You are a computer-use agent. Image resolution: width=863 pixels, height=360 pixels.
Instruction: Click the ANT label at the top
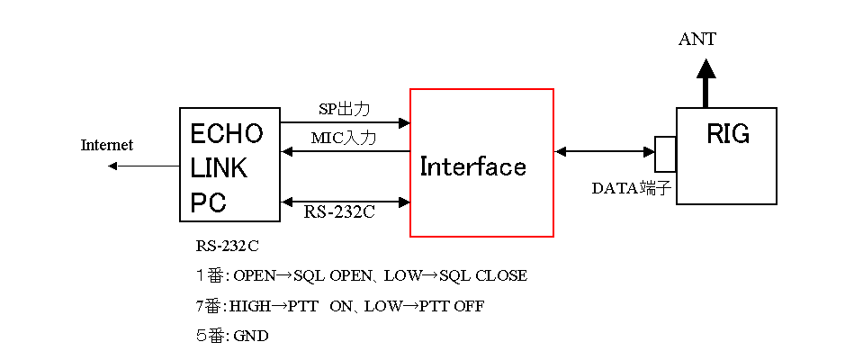[x=697, y=39]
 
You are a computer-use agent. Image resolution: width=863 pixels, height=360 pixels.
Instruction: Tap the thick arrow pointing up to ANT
[x=706, y=85]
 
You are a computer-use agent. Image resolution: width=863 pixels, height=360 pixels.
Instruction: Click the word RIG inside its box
[x=727, y=135]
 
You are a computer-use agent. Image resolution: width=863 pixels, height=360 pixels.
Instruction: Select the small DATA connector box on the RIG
[x=665, y=154]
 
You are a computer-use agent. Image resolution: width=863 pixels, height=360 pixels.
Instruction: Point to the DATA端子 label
[x=631, y=188]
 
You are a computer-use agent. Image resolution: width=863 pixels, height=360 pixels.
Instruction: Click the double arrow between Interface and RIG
[x=605, y=152]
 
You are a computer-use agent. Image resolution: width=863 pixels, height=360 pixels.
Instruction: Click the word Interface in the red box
[x=472, y=166]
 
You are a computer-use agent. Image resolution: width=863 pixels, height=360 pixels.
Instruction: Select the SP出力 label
[x=345, y=109]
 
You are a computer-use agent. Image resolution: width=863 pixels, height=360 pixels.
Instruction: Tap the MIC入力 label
[x=344, y=139]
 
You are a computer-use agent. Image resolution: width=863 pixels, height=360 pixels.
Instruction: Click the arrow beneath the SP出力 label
[x=346, y=122]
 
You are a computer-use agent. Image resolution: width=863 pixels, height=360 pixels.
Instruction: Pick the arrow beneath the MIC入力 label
[x=346, y=152]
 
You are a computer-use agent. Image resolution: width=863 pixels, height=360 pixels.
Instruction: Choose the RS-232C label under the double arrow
[x=339, y=213]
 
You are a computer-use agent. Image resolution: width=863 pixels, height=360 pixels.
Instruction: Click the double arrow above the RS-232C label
[x=346, y=201]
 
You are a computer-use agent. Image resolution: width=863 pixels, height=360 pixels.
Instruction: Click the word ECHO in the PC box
[x=227, y=134]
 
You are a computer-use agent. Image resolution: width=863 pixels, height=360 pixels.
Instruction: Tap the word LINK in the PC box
[x=219, y=168]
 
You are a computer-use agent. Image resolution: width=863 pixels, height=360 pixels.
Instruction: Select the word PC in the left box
[x=208, y=202]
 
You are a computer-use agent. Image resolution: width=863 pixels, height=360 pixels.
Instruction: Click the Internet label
[x=107, y=145]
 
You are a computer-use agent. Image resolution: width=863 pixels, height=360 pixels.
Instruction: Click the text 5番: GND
[x=232, y=337]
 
